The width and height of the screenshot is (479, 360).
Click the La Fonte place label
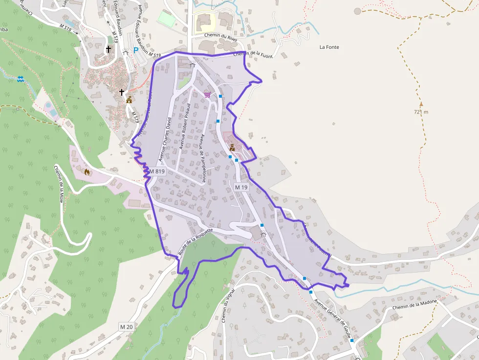pyautogui.click(x=329, y=47)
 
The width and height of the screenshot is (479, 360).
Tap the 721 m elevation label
pyautogui.click(x=421, y=112)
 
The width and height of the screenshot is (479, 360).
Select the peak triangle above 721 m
pyautogui.click(x=421, y=104)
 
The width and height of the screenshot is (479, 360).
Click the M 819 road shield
pyautogui.click(x=157, y=171)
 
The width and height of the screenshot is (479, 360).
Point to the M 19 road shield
pyautogui.click(x=241, y=187)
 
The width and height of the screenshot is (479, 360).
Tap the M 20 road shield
pyautogui.click(x=126, y=326)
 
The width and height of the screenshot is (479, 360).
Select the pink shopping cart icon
pyautogui.click(x=208, y=95)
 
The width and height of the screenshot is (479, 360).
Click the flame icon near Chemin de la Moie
pyautogui.click(x=87, y=171)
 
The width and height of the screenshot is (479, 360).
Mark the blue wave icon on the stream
pyautogui.click(x=21, y=79)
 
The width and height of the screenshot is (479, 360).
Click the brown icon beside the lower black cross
pyautogui.click(x=129, y=100)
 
